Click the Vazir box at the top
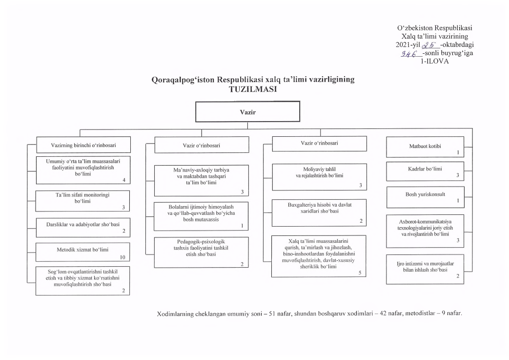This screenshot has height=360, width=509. [x=247, y=111]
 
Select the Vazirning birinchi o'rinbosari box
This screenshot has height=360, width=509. [x=83, y=145]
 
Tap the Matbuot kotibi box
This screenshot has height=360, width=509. [x=425, y=147]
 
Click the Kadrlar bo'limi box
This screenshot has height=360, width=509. [x=425, y=171]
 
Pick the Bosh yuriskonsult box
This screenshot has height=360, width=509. [x=425, y=197]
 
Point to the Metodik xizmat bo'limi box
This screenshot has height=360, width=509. [x=82, y=252]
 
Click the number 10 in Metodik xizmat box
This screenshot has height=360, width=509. [x=122, y=257]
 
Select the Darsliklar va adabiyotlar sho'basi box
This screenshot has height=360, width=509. [x=83, y=228]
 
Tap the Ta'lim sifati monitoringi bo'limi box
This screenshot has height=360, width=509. [x=82, y=201]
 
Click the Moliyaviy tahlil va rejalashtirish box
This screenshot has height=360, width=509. [x=320, y=177]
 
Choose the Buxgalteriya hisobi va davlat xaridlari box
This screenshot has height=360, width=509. [x=319, y=213]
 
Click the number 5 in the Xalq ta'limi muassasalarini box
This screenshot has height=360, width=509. [x=360, y=273]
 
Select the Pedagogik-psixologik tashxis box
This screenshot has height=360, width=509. [x=201, y=253]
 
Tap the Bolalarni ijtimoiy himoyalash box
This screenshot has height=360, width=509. [x=201, y=216]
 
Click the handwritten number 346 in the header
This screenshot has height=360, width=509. [x=408, y=54]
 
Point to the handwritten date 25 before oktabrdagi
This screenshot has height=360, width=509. [x=429, y=45]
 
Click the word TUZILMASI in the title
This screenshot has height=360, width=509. [x=253, y=89]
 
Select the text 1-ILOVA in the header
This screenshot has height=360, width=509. [x=435, y=62]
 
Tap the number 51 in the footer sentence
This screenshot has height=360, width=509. [x=272, y=314]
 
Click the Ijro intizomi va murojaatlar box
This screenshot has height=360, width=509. [x=425, y=269]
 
